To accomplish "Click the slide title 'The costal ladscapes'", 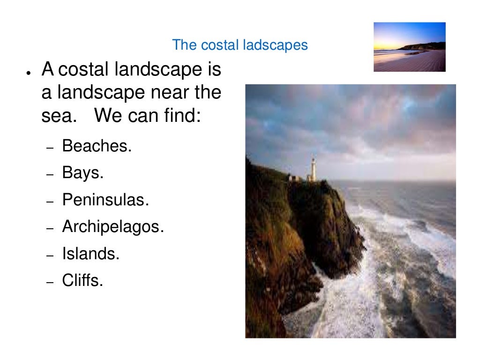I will point(240,45).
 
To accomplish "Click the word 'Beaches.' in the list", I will point(97,146).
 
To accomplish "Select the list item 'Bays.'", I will point(82,173).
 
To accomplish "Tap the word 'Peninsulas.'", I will point(105,200).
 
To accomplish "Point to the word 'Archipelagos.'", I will point(113,227).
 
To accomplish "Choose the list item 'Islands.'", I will point(91,254).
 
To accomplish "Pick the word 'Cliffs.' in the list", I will point(82,281).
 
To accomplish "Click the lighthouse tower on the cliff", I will point(312,169).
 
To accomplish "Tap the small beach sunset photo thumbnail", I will point(409,47).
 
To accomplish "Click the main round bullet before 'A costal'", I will point(29,74).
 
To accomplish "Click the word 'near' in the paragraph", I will point(169,92).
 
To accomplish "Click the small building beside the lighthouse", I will point(295,178).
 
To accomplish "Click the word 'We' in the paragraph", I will point(107,115).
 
